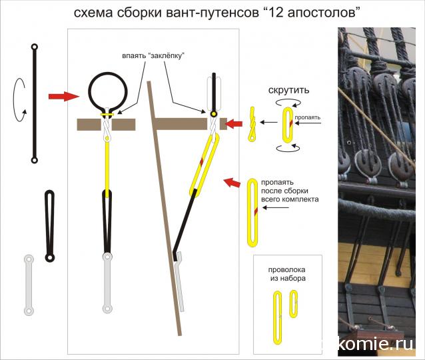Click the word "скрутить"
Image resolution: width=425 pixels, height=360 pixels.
tap(288, 90)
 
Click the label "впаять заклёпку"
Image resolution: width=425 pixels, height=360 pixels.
tap(153, 56)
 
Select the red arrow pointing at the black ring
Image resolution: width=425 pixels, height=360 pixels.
tap(64, 96)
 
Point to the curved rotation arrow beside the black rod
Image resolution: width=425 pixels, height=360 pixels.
tap(14, 100)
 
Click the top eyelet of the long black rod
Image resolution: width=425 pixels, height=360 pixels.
tap(35, 47)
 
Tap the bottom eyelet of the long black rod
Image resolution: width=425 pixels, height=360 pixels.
tap(35, 160)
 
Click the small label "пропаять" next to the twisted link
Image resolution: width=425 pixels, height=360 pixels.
tap(308, 117)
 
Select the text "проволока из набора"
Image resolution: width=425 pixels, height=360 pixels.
tap(287, 274)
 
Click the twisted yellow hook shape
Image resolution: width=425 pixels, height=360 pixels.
tap(252, 124)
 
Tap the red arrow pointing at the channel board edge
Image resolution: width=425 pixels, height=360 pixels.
tap(234, 124)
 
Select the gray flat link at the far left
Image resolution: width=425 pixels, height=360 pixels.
tap(29, 285)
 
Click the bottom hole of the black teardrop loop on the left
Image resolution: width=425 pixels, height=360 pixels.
tap(49, 257)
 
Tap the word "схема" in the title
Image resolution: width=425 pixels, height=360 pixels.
tap(93, 13)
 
